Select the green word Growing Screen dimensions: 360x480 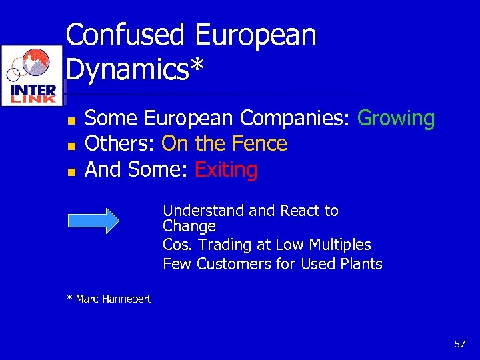tap(396, 119)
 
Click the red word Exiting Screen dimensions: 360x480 tap(226, 170)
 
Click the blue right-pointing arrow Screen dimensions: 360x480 tap(93, 221)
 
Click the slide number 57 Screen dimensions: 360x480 tap(459, 344)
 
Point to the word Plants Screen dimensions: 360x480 tap(360, 264)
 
